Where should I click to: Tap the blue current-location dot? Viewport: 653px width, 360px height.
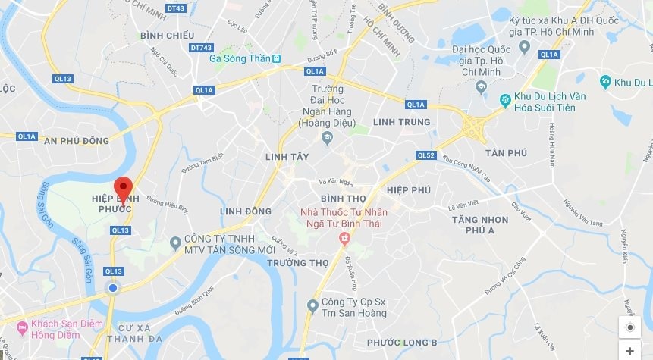click(113, 288)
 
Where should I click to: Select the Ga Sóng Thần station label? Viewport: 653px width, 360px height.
click(241, 58)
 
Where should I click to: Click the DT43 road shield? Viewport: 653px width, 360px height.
click(176, 8)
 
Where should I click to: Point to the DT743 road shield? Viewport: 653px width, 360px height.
click(201, 47)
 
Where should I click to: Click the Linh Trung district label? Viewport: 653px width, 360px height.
click(401, 122)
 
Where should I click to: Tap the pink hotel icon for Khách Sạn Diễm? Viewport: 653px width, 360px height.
click(20, 329)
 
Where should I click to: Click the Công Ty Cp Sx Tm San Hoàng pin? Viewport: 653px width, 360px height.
click(312, 305)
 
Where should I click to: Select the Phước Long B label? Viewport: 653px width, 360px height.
click(407, 343)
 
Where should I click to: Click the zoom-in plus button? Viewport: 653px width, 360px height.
click(629, 351)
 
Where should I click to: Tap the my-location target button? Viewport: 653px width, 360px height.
click(629, 327)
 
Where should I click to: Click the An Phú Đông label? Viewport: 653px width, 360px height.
click(77, 141)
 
